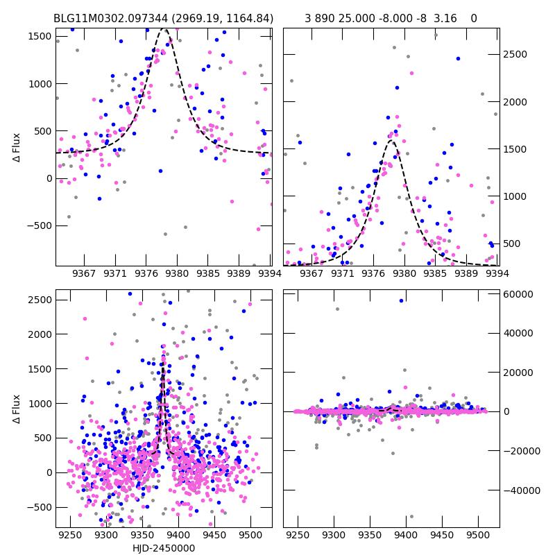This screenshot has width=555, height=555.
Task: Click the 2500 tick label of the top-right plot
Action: (x=513, y=55)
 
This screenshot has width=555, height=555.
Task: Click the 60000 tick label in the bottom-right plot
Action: (x=516, y=294)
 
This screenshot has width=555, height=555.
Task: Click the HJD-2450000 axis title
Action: (x=164, y=548)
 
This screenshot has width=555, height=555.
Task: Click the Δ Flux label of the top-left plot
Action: (x=16, y=148)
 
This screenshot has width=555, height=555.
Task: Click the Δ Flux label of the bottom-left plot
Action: (x=16, y=410)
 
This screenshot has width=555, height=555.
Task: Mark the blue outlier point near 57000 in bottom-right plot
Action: (x=401, y=300)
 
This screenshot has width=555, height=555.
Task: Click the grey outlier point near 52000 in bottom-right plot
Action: (x=337, y=309)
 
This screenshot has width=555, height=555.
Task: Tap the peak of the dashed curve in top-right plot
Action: (x=391, y=141)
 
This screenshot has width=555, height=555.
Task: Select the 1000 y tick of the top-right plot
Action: (x=513, y=196)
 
